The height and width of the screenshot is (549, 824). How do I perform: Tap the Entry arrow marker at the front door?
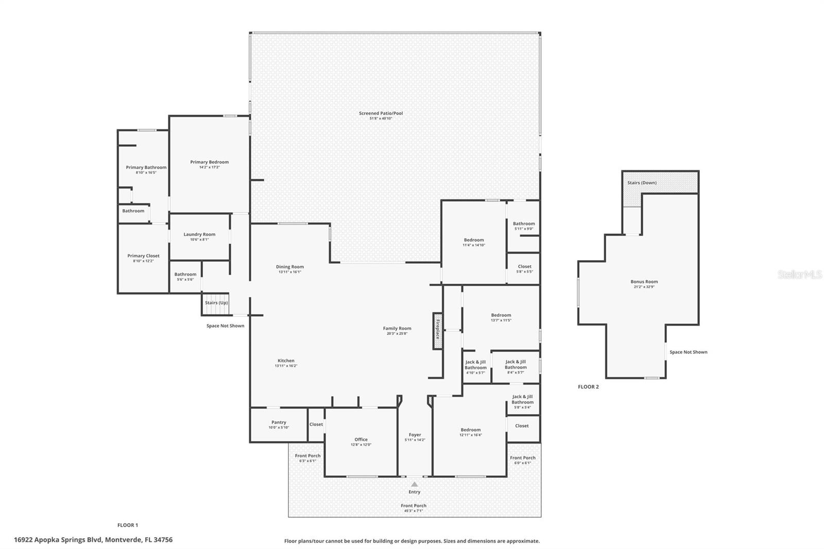tap(415, 484)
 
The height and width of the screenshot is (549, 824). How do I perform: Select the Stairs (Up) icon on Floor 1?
tap(215, 303)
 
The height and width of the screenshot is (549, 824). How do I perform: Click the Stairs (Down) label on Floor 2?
tap(642, 183)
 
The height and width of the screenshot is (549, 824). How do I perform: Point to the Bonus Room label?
tap(644, 282)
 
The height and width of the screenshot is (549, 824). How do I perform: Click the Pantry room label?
tap(279, 422)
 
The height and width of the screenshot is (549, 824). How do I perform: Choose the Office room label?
tap(361, 439)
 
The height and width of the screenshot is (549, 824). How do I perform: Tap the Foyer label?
tap(415, 435)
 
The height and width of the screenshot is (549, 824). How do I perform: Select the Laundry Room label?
tap(199, 234)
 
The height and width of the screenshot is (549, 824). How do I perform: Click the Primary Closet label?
tap(143, 255)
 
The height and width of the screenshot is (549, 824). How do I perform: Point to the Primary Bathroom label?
tap(146, 167)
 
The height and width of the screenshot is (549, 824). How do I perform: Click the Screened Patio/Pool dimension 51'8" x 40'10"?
tap(381, 119)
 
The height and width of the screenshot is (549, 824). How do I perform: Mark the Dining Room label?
tap(290, 267)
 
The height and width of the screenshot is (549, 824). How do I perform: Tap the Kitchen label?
tap(286, 361)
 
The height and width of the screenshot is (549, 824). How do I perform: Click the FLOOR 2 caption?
tap(588, 387)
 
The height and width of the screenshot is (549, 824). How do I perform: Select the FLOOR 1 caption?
tap(128, 525)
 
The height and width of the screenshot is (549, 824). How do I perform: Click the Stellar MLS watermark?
tap(799, 275)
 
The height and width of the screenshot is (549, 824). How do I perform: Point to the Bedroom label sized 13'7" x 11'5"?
tap(501, 315)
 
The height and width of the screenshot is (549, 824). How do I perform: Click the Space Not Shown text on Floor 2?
tap(688, 352)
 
